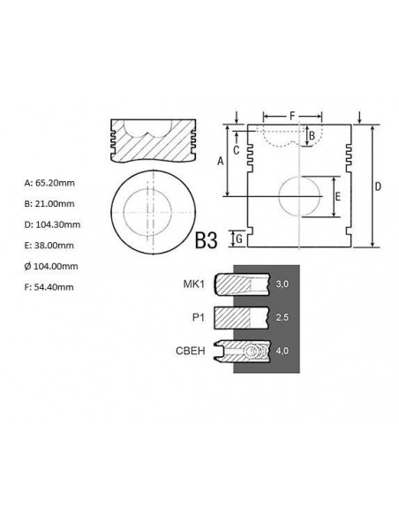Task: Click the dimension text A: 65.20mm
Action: pos(49,183)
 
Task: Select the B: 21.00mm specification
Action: pos(49,204)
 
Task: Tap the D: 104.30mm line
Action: pos(52,224)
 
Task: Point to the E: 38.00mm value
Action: pos(49,246)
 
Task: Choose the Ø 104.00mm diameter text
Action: pos(51,266)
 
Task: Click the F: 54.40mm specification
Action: pos(49,287)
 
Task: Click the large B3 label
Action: pos(206,240)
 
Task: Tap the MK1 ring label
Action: pos(193,284)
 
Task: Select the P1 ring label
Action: pos(199,317)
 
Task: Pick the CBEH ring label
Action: pos(191,351)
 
